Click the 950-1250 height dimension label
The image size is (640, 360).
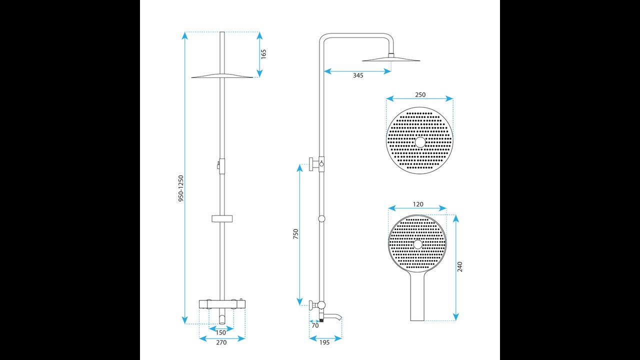[181, 188]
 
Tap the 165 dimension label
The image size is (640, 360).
[263, 54]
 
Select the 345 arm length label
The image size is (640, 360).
[358, 75]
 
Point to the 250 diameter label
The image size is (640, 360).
[420, 94]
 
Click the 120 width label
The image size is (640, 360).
[418, 204]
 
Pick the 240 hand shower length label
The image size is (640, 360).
[459, 267]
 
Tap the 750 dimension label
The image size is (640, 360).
[295, 234]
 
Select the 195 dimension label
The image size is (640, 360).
[324, 342]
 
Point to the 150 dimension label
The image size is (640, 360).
[221, 332]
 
